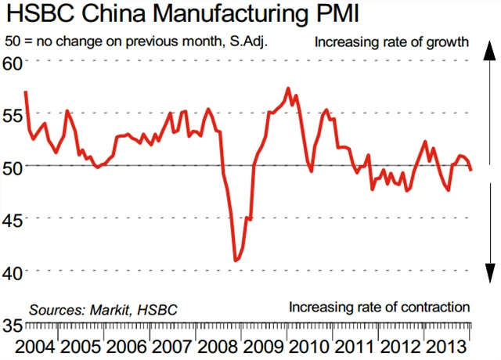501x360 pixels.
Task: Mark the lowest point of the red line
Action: click(236, 260)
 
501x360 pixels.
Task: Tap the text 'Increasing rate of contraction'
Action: click(379, 306)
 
